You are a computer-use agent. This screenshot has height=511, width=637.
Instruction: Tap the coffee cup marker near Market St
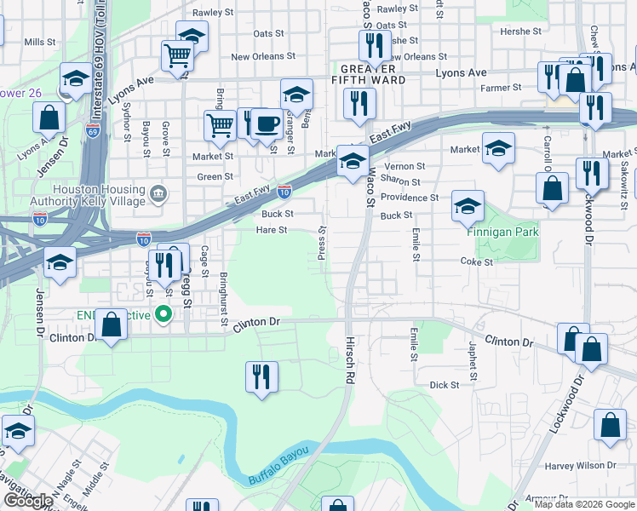[266, 124]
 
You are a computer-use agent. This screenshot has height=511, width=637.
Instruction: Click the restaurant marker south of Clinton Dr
[261, 378]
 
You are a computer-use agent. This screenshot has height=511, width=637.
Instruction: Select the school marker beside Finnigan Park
[468, 206]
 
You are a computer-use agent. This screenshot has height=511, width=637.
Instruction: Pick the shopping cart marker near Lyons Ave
[177, 56]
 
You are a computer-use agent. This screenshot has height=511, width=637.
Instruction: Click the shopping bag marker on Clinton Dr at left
[111, 324]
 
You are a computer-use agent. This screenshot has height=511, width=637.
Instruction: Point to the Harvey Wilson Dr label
[581, 465]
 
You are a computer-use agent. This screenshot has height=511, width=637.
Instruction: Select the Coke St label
[476, 262]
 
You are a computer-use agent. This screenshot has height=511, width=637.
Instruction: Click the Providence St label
[410, 198]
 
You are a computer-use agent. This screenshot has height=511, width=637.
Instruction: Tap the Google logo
[28, 501]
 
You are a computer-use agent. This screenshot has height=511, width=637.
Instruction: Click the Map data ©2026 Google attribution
[584, 504]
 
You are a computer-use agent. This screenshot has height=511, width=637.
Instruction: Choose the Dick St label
[445, 385]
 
